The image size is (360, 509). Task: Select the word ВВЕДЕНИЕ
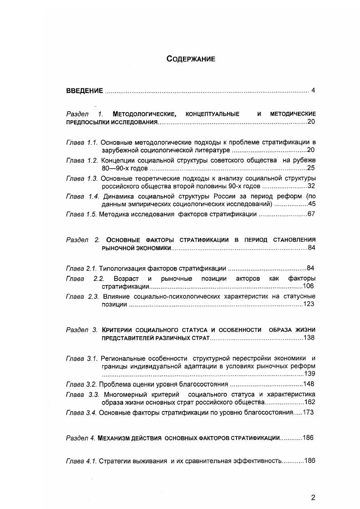(x=84, y=90)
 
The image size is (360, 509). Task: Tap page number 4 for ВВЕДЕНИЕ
(x=313, y=90)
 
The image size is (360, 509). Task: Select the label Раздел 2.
(x=83, y=240)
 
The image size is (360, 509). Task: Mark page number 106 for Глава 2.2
(x=308, y=287)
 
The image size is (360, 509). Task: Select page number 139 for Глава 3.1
(x=309, y=374)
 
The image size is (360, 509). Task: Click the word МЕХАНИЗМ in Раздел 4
(x=115, y=438)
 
